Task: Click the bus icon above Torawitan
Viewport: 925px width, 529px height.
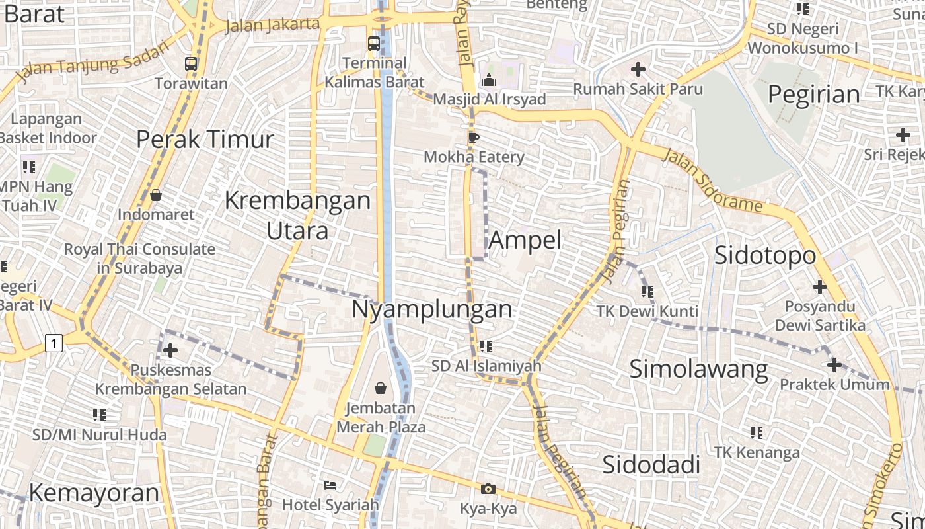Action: point(191,64)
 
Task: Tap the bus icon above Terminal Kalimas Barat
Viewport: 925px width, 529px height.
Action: point(373,44)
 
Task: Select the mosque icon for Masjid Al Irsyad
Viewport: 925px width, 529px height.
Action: point(489,80)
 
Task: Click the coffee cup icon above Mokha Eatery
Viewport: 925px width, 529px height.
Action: point(473,138)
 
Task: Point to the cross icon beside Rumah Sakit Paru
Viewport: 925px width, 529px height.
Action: point(638,69)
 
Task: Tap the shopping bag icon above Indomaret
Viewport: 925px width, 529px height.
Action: point(156,195)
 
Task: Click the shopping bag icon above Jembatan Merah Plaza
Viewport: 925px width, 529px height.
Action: point(381,388)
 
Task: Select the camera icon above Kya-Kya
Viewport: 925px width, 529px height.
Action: point(488,489)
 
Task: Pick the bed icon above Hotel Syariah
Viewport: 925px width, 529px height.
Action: point(330,485)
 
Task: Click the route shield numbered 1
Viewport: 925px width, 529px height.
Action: point(54,343)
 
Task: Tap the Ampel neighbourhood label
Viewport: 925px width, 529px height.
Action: point(525,240)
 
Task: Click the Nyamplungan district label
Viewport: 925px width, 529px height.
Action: point(432,309)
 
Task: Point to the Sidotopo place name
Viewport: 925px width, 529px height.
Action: point(765,255)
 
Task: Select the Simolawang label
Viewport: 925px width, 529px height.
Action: point(698,369)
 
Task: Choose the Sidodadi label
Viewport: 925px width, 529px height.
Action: point(651,465)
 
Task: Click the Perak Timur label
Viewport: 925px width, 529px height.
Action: point(205,140)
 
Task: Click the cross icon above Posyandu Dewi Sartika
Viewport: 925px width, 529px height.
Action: point(820,287)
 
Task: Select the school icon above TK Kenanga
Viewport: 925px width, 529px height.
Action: point(757,433)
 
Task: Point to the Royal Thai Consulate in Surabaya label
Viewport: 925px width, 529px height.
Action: point(139,259)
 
